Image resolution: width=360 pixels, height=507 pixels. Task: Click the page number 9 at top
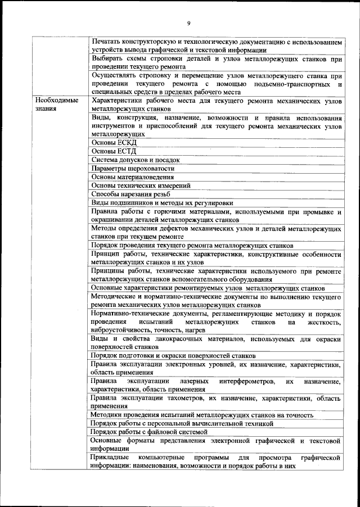[188, 22]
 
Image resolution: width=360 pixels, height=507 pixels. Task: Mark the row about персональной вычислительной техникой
[182, 423]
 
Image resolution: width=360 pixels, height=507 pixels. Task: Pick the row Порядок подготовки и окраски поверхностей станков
[173, 356]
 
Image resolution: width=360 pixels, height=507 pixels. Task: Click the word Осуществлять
[116, 75]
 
